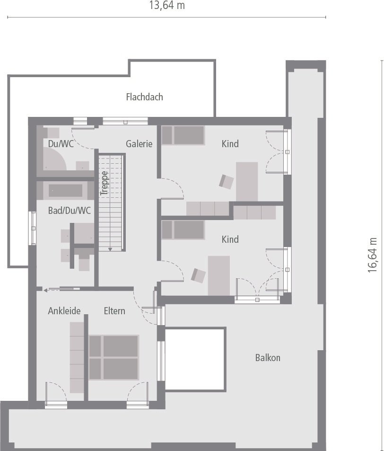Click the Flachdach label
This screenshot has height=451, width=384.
click(144, 97)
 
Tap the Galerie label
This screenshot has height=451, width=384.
click(139, 144)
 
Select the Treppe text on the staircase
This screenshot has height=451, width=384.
click(105, 183)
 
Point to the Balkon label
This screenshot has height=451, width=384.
click(268, 358)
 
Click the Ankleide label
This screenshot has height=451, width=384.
click(64, 311)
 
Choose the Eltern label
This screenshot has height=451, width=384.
click(114, 311)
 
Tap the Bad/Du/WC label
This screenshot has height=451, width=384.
click(70, 211)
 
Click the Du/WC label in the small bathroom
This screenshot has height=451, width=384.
click(61, 144)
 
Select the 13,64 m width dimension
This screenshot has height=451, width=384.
click(166, 6)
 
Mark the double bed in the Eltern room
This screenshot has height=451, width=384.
click(114, 357)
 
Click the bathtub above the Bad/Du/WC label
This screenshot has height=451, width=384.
click(66, 190)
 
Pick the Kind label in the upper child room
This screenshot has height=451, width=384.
click(230, 144)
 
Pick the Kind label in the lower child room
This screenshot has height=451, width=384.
click(230, 239)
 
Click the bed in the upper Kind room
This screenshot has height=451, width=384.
click(183, 135)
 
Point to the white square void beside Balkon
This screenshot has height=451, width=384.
click(195, 358)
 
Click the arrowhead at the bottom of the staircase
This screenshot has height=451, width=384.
click(110, 249)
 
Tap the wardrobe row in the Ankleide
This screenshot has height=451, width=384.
click(77, 357)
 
